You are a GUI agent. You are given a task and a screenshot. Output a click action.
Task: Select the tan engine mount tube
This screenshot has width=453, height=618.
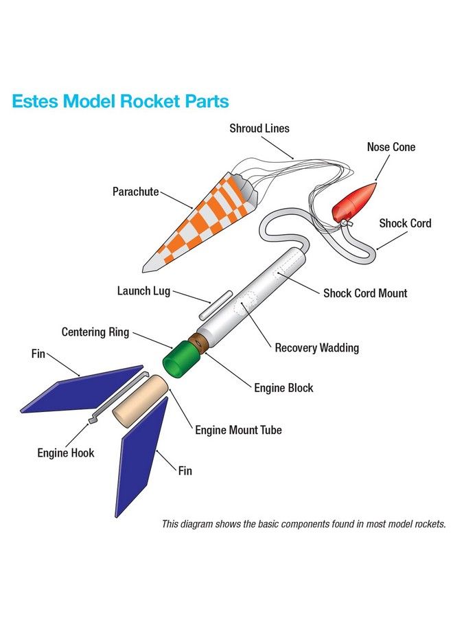(x=140, y=398)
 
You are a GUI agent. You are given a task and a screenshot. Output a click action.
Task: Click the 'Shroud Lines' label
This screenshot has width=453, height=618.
(x=259, y=128)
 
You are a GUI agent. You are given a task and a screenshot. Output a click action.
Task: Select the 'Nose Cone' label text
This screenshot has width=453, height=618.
(x=391, y=147)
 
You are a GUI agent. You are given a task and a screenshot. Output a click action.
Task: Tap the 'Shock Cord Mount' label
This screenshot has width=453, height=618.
(x=365, y=293)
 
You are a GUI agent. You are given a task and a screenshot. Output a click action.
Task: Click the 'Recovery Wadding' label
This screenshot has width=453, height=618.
(x=316, y=348)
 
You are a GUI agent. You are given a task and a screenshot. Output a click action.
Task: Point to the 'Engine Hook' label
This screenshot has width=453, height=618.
(x=66, y=453)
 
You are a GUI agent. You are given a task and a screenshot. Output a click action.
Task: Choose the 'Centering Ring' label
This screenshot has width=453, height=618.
(x=95, y=333)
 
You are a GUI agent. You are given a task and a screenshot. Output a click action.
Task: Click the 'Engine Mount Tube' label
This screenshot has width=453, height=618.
(x=238, y=431)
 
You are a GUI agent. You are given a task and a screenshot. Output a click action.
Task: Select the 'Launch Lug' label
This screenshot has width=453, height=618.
(x=143, y=291)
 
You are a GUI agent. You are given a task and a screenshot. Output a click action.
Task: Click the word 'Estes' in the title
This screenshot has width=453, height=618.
(x=34, y=102)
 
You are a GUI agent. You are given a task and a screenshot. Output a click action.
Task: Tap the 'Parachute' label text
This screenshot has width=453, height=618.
(x=136, y=192)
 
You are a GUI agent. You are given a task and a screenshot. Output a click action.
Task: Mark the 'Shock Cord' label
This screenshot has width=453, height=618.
(x=405, y=223)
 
